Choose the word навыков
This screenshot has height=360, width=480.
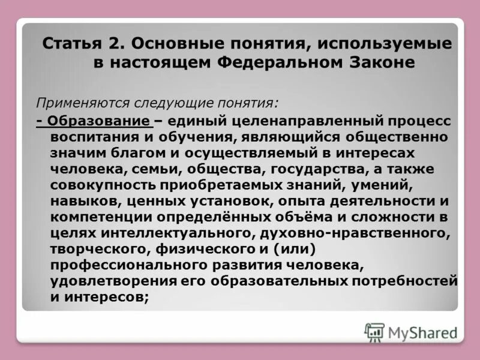tap(78, 200)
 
